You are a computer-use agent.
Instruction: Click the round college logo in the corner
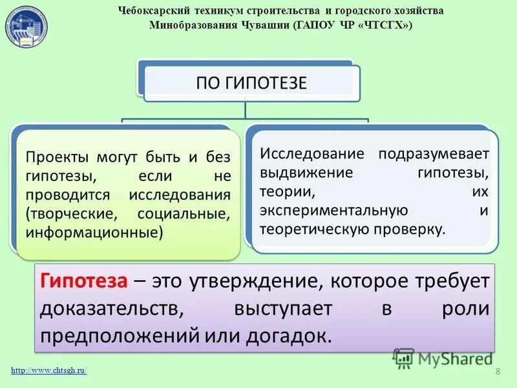click(x=27, y=27)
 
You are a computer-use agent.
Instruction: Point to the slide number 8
click(x=498, y=371)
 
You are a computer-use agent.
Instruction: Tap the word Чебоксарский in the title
click(x=153, y=11)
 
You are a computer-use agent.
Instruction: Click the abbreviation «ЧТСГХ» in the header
click(x=386, y=25)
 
